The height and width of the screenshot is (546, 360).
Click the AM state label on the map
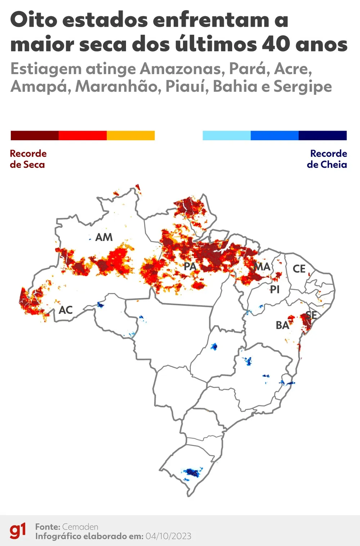click(104, 237)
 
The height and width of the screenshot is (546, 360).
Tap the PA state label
click(190, 267)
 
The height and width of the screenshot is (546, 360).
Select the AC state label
click(66, 310)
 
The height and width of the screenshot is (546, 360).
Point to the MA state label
click(262, 267)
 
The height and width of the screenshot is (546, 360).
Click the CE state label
click(299, 269)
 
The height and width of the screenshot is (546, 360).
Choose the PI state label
click(275, 290)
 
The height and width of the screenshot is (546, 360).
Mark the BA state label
click(282, 326)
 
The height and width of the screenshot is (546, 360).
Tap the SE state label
click(311, 315)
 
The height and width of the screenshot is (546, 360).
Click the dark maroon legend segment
click(35, 136)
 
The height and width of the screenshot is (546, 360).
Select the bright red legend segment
click(82, 136)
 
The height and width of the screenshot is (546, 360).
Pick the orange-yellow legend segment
click(131, 136)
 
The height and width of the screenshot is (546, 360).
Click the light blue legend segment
click(226, 136)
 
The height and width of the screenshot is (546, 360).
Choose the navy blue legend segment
click(323, 136)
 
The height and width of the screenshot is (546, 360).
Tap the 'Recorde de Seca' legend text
click(28, 159)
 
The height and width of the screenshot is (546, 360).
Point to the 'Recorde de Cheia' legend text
click(327, 159)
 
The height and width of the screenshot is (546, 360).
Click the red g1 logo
click(18, 531)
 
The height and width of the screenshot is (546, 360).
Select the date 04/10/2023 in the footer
click(168, 536)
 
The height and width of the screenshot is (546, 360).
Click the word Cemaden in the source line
click(80, 527)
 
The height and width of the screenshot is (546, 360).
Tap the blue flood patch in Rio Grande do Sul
click(192, 472)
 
